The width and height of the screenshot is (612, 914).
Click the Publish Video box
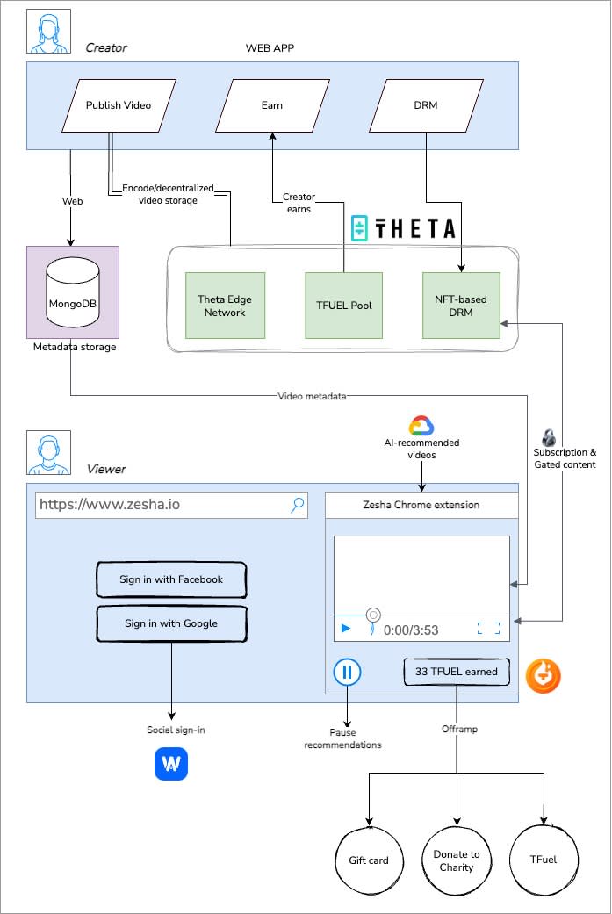(x=119, y=105)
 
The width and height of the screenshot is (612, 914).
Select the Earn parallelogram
(x=272, y=105)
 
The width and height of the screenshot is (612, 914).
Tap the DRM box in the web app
(x=426, y=105)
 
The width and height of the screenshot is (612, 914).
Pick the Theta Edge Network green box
(x=225, y=306)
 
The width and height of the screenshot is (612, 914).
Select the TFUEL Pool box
(x=344, y=306)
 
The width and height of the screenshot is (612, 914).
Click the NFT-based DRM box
(x=461, y=306)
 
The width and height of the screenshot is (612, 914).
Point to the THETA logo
(x=403, y=229)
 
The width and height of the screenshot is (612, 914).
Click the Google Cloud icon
(x=421, y=426)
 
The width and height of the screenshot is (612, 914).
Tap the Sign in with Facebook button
(x=171, y=579)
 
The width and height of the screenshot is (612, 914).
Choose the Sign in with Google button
(x=171, y=623)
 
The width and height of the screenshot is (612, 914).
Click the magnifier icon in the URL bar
(x=298, y=504)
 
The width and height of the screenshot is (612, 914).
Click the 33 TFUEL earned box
(x=457, y=672)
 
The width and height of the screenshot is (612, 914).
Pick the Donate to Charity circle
(x=457, y=860)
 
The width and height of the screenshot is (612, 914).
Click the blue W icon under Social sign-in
(x=171, y=764)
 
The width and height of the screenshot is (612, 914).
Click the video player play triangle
(x=346, y=629)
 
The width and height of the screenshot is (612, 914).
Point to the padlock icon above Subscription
(x=549, y=437)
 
